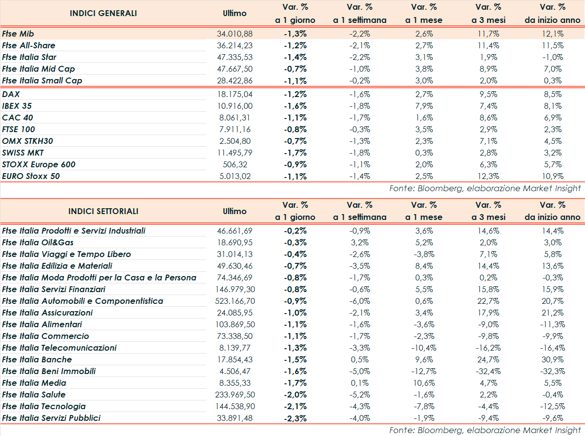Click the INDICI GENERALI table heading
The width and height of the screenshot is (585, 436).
click(103, 13)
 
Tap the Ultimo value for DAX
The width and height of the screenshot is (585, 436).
click(234, 94)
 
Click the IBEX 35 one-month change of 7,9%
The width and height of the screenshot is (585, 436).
click(424, 106)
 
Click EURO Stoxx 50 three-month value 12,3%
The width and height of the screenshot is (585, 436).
click(488, 176)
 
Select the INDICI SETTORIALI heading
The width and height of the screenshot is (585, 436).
click(103, 211)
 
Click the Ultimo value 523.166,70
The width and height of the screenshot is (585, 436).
click(234, 301)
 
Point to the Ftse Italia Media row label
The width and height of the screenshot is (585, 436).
click(34, 383)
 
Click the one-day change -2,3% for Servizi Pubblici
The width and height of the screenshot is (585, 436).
click(295, 418)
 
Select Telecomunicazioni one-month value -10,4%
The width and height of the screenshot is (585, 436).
click(423, 348)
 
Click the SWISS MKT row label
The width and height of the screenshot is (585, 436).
click(23, 153)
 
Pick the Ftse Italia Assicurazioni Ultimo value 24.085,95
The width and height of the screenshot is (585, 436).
click(234, 313)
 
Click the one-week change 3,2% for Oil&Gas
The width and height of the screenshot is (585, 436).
click(360, 242)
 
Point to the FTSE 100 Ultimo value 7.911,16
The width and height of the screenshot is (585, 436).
click(234, 129)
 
